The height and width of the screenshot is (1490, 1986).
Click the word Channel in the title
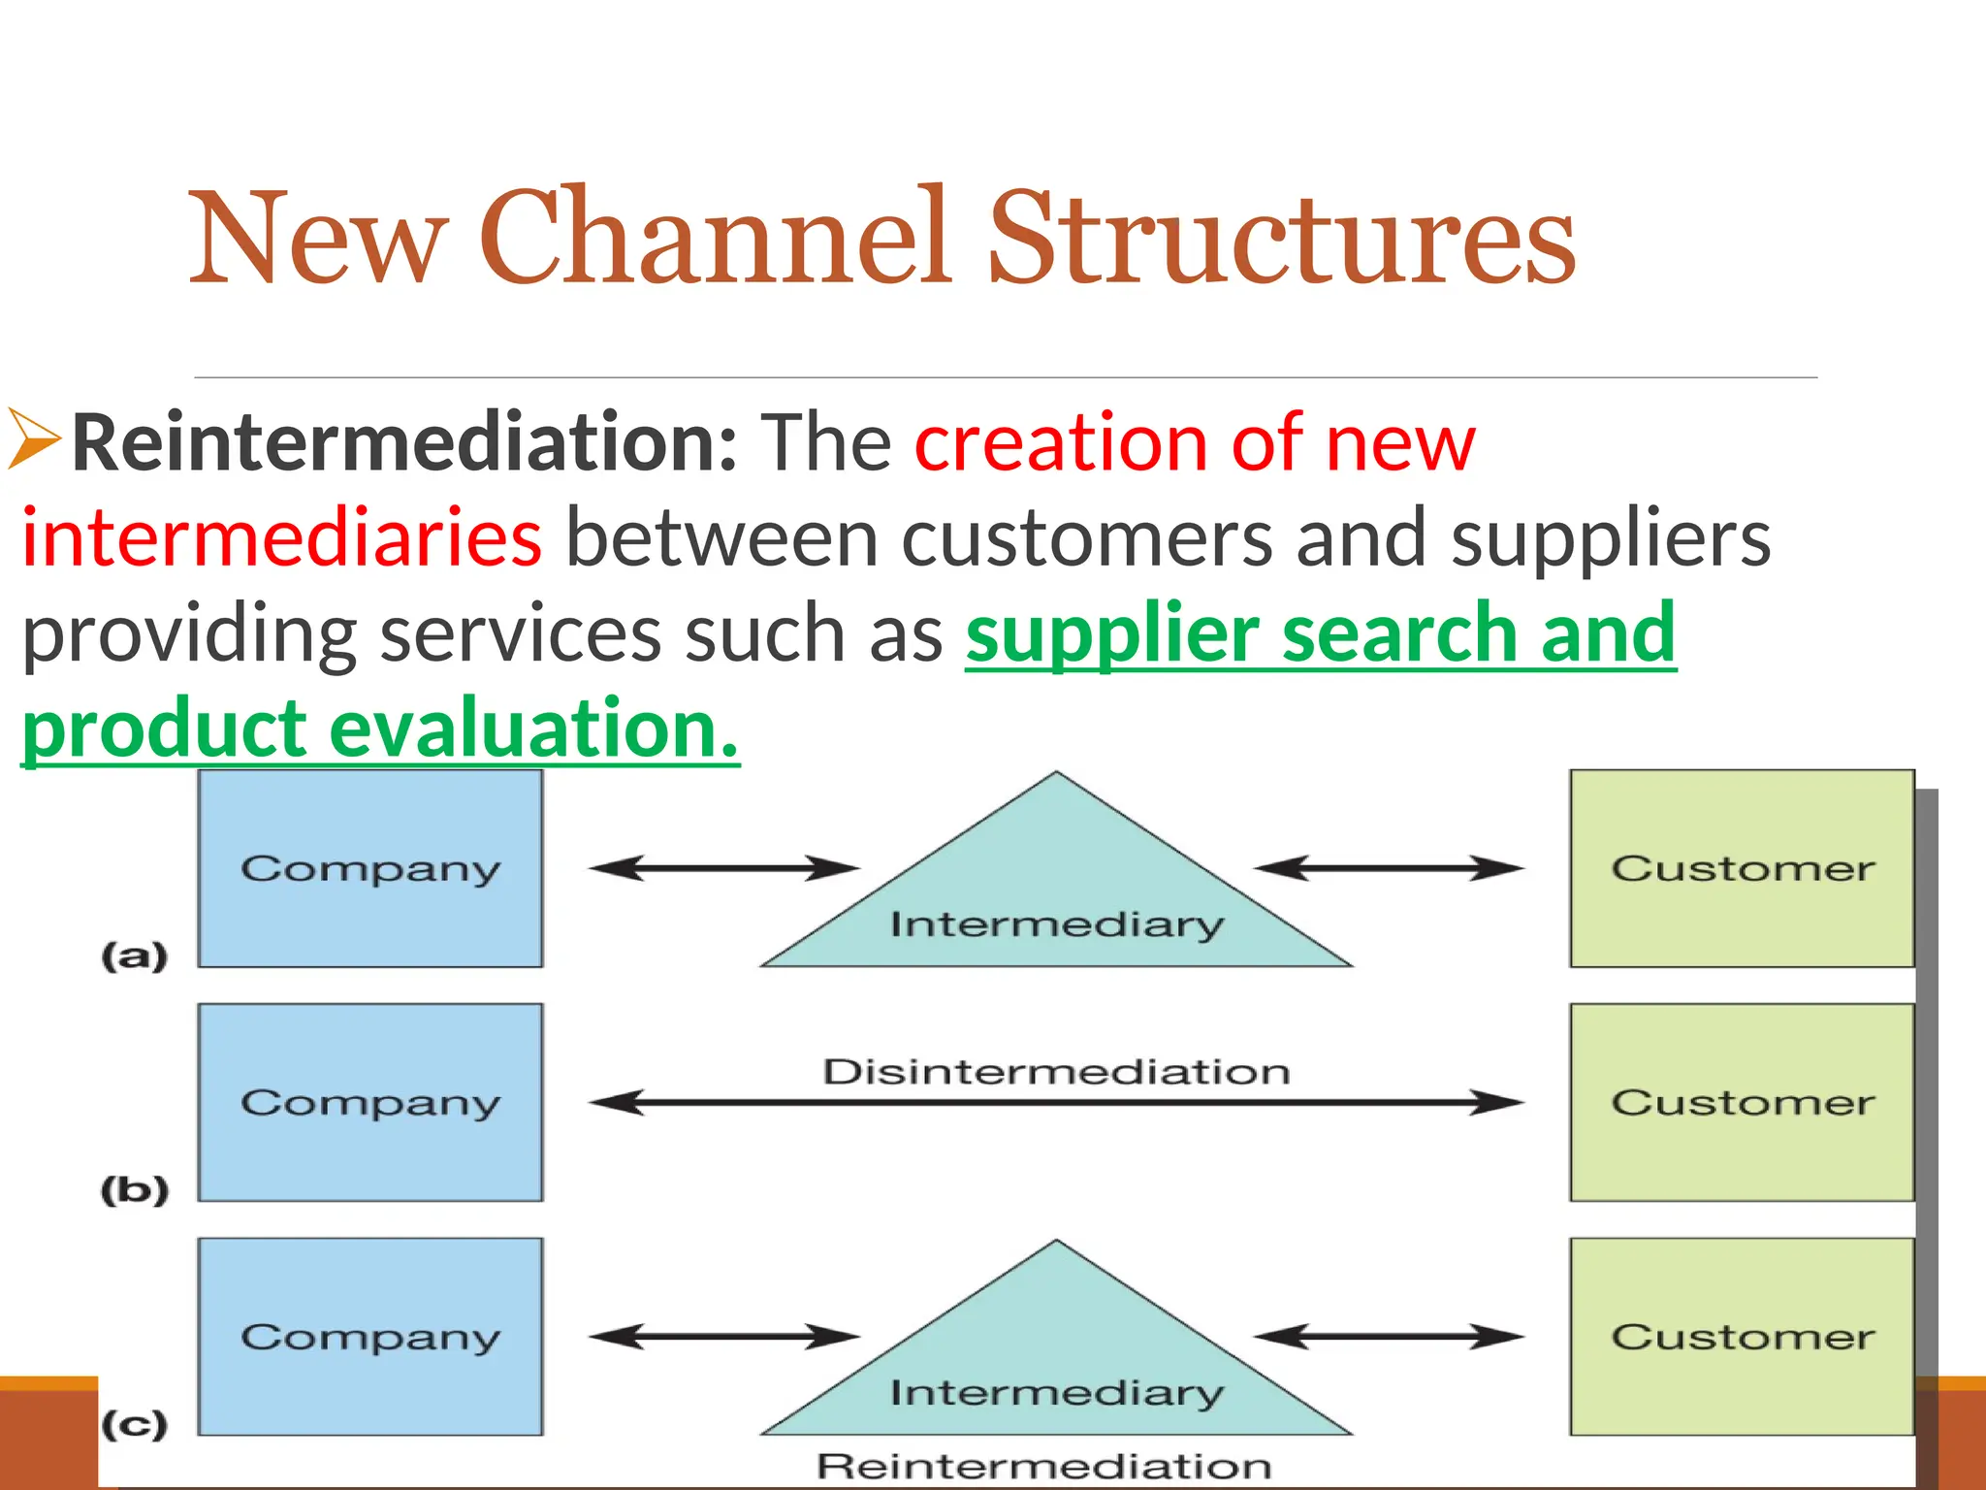[713, 238]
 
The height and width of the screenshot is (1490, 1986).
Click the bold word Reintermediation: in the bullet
[404, 443]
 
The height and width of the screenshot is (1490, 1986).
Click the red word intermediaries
[281, 538]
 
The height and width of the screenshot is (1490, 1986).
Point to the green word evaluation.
[533, 729]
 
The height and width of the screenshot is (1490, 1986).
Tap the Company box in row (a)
[370, 868]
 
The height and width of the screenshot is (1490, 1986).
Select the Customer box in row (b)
[1742, 1103]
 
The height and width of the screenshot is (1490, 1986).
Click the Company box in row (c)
[370, 1337]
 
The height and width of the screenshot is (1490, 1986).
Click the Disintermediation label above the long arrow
[1056, 1072]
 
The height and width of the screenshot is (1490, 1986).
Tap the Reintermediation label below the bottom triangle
[1043, 1466]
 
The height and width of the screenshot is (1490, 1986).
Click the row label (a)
[135, 956]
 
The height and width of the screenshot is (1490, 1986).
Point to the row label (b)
[135, 1190]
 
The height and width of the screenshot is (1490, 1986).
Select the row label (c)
[135, 1424]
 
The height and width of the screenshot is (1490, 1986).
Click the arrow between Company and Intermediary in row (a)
[723, 868]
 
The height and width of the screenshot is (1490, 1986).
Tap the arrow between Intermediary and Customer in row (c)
[1389, 1337]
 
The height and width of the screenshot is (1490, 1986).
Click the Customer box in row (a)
[1742, 868]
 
